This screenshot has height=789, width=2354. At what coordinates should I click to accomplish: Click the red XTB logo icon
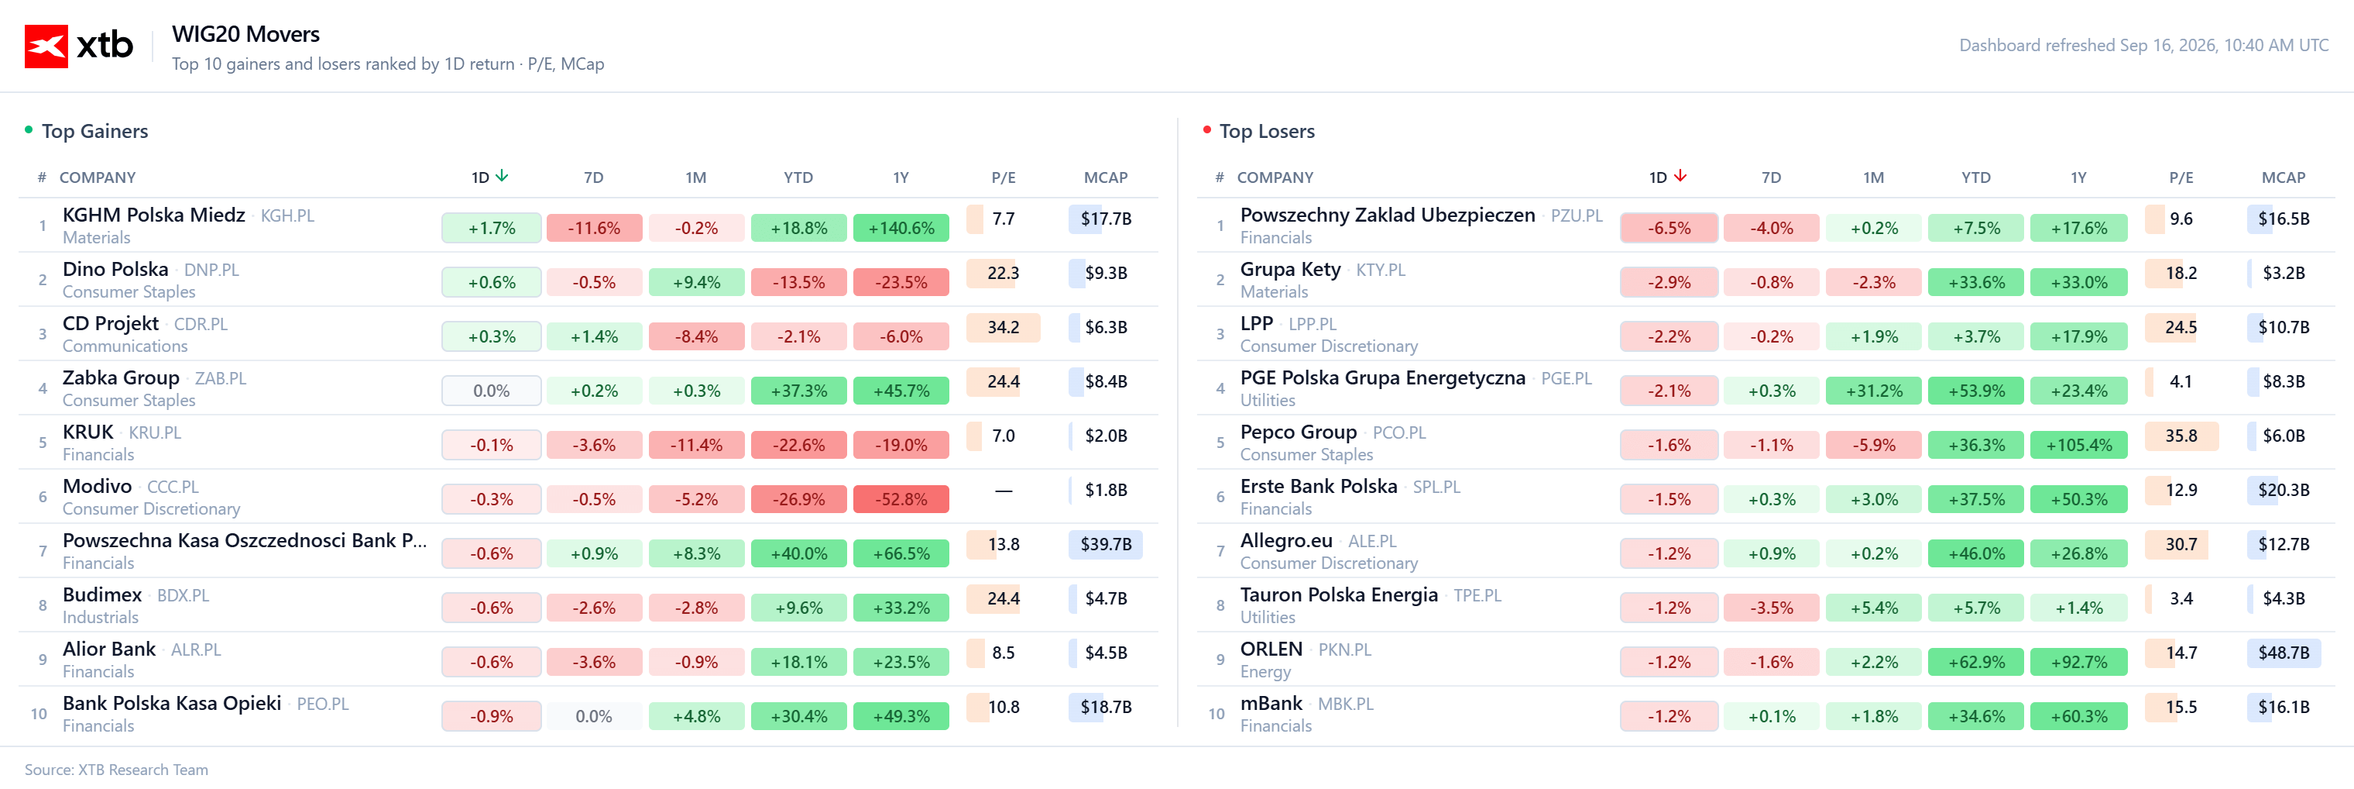46,46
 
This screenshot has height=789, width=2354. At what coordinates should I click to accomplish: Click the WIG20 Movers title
245,34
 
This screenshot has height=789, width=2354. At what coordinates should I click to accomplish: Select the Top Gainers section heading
95,131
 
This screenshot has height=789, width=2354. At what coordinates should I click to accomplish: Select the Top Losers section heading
1267,131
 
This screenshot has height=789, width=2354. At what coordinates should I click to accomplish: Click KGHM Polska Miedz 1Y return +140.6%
901,228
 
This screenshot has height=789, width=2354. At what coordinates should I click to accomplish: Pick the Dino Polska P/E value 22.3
1003,273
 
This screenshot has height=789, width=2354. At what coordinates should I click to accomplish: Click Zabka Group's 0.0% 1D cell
492,391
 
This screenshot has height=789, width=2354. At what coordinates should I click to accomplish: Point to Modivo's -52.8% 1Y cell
901,499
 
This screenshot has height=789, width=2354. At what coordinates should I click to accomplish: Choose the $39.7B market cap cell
1106,544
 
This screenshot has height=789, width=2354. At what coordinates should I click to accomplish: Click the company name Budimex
102,594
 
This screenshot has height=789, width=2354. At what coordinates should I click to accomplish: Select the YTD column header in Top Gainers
798,177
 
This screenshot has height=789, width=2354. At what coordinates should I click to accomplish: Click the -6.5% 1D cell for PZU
1669,228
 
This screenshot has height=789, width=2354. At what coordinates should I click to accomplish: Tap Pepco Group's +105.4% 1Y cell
2079,445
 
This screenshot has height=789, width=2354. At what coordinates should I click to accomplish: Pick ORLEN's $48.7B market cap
2284,653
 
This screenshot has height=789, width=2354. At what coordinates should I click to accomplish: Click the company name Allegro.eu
1285,540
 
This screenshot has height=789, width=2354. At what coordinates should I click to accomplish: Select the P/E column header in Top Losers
2181,177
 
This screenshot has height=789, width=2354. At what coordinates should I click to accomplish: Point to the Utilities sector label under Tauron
1268,617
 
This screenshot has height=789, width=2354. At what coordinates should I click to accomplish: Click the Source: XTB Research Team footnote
116,770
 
